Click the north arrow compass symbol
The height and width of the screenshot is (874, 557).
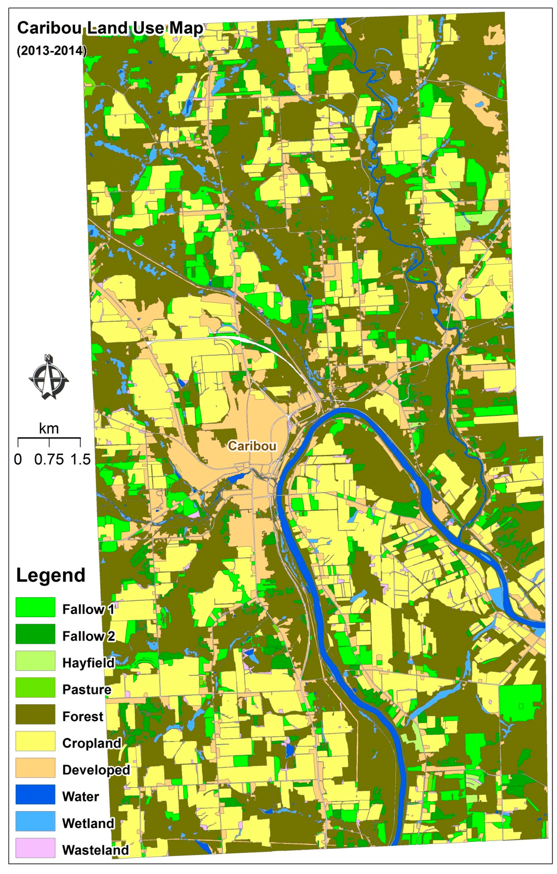pos(49,377)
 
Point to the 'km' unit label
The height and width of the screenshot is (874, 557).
pos(49,429)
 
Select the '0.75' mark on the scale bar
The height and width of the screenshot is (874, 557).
pos(49,459)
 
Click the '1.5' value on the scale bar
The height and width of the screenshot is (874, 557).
pos(80,459)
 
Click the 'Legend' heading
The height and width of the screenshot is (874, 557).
pos(51,575)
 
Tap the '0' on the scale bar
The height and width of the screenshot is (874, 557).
pos(18,459)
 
